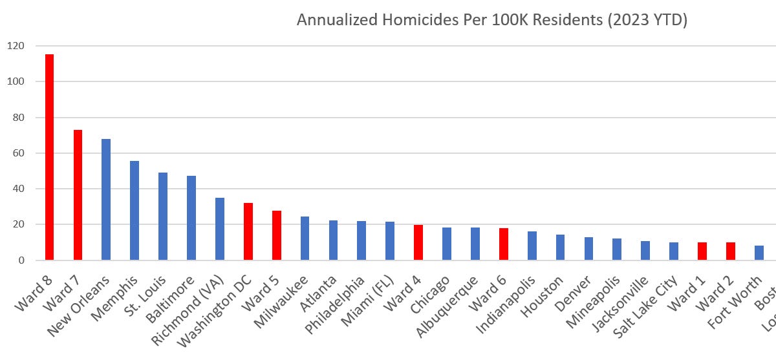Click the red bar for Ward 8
point(49,157)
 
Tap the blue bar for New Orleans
point(106,200)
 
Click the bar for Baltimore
point(191,218)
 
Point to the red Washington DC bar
point(248,231)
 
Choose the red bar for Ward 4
point(418,242)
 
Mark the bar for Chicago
point(446,244)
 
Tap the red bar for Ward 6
point(503,244)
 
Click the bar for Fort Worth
point(759,253)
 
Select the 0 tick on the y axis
point(19,260)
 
